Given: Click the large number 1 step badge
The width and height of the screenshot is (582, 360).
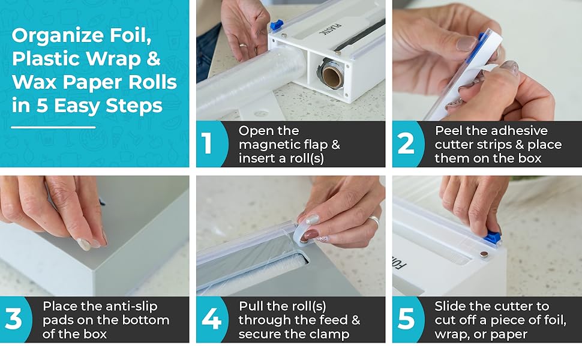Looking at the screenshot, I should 207,144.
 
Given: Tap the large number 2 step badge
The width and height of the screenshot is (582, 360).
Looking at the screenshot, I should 406,144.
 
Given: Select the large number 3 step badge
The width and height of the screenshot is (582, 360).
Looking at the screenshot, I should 13,319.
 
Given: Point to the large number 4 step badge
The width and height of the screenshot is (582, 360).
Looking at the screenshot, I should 211,319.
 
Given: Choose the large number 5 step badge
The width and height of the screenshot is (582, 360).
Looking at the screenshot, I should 406,319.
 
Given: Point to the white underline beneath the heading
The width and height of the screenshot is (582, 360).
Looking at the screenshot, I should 53,127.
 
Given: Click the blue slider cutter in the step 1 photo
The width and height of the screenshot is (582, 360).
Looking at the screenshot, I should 276,25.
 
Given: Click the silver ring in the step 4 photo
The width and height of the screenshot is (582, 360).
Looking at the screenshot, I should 374,221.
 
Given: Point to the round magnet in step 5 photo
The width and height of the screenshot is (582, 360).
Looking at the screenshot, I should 484,254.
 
